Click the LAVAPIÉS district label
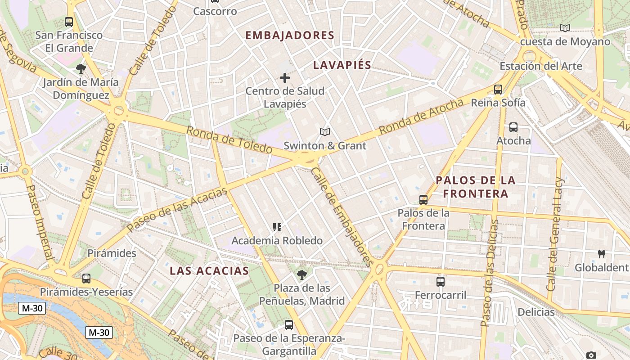coord(342,65)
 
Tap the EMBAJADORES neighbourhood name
coord(290,36)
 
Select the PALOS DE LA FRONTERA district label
coord(475,187)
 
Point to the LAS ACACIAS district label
coord(209,271)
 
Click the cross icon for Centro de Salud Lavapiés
coord(285,78)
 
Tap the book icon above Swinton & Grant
coord(325,132)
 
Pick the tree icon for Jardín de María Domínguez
coord(81,69)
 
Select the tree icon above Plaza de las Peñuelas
coord(302,274)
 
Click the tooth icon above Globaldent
coord(601,254)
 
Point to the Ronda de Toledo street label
coord(229,140)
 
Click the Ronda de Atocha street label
coord(421,117)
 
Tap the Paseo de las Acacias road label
coord(177,210)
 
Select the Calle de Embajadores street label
coord(342,216)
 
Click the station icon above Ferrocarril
coord(441,282)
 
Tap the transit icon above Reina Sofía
coord(498,89)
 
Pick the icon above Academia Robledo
coord(277,227)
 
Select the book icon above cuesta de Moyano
coord(565,28)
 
